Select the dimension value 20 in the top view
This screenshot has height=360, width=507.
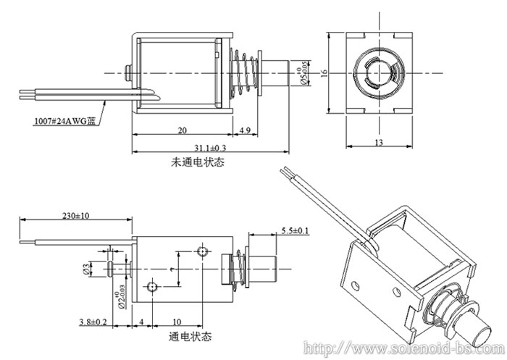[183, 130]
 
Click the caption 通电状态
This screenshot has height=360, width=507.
[190, 337]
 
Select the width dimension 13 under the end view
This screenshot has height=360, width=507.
[378, 142]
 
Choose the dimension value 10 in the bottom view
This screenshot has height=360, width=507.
[177, 321]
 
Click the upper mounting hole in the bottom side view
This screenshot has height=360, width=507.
[202, 251]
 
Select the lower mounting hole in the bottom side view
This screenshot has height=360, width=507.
[152, 288]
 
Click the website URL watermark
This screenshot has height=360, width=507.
[402, 348]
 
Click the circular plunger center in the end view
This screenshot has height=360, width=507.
[378, 72]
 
